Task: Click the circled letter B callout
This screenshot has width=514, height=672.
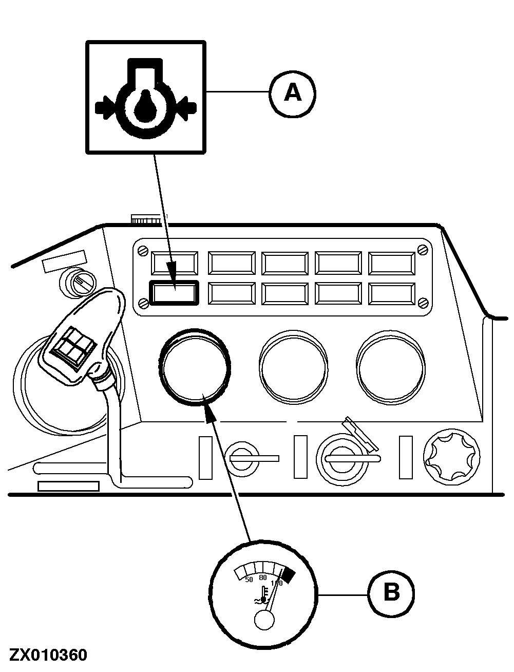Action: (x=391, y=593)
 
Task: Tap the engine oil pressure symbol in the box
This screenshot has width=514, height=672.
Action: (x=145, y=99)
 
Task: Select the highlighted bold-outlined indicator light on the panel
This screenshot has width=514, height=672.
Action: (x=173, y=293)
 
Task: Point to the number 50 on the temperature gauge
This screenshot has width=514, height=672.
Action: (x=249, y=580)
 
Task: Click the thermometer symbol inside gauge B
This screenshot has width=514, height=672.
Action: (x=263, y=595)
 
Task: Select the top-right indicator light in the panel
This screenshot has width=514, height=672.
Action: (x=392, y=264)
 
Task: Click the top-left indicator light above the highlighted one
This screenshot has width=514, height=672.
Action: (x=173, y=263)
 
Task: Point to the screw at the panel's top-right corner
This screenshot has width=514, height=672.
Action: (x=422, y=250)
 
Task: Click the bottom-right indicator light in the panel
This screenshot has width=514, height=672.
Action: (x=392, y=293)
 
